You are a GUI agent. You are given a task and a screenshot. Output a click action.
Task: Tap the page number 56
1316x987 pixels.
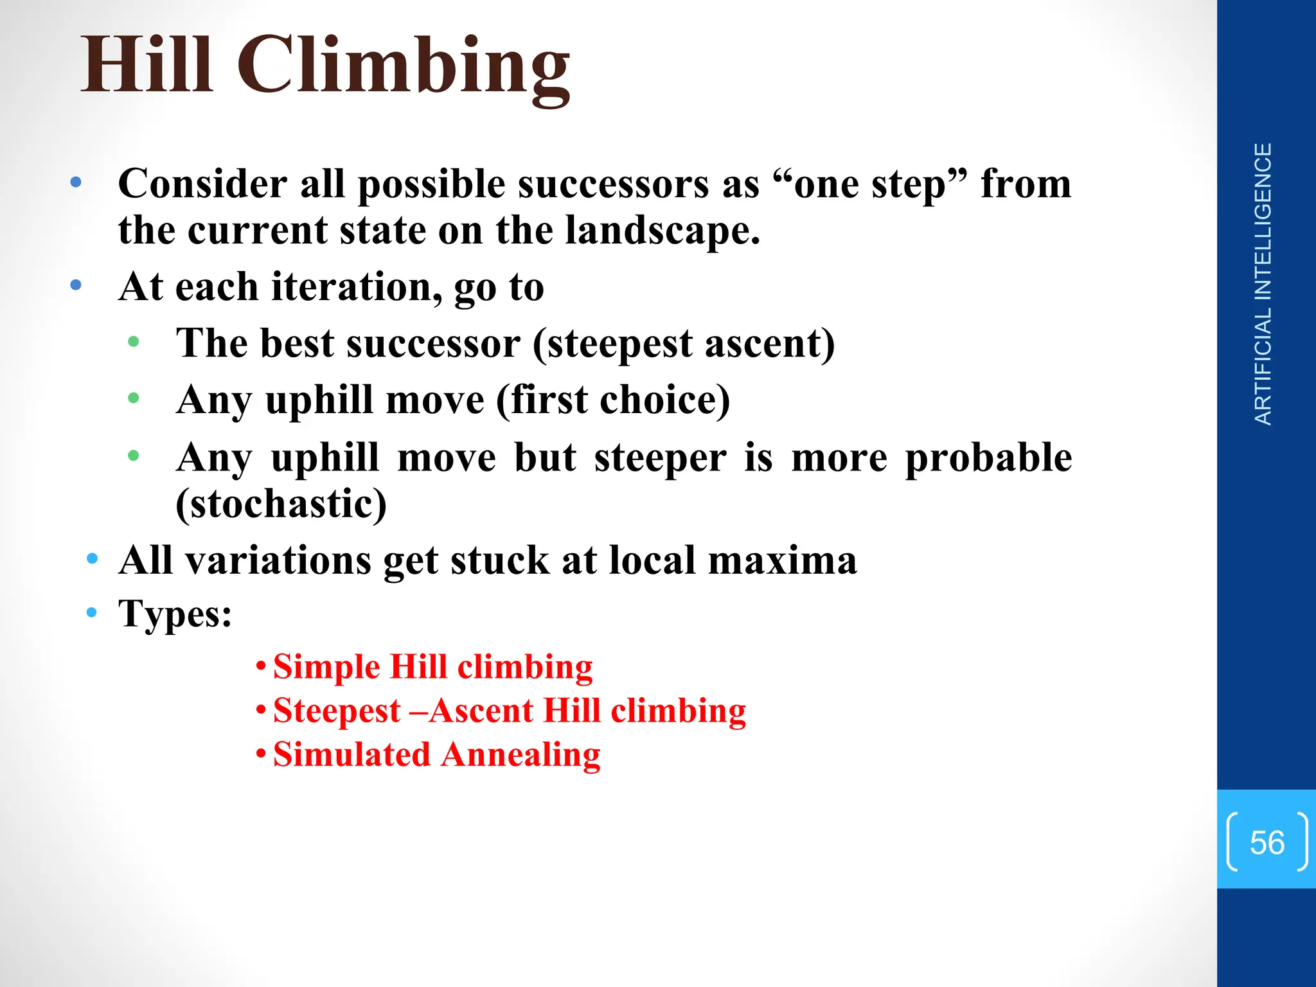click(x=1267, y=842)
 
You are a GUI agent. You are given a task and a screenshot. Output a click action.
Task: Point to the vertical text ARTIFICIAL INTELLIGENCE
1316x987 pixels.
click(x=1263, y=284)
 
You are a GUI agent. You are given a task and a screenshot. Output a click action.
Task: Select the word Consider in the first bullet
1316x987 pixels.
click(x=203, y=184)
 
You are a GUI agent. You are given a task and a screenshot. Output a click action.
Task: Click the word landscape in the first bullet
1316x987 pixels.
click(x=662, y=231)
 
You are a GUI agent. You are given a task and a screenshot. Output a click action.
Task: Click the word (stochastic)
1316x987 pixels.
click(x=281, y=504)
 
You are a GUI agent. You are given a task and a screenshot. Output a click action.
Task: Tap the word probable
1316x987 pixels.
click(x=988, y=458)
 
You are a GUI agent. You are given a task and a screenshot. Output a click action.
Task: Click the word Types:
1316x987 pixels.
click(x=175, y=614)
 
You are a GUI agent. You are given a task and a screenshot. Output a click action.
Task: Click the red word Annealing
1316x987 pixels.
click(x=520, y=754)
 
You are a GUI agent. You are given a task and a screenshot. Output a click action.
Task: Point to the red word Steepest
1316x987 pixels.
click(x=337, y=711)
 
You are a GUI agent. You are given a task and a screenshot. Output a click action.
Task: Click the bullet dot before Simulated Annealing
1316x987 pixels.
click(x=260, y=753)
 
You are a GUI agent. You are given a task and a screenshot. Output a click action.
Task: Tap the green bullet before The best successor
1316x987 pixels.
click(x=133, y=342)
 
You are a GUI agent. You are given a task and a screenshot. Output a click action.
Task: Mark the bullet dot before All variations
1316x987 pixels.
click(x=92, y=558)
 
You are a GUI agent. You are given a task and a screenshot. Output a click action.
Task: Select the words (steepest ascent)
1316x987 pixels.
click(x=683, y=344)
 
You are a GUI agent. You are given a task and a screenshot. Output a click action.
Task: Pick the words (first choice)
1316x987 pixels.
click(x=613, y=400)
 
